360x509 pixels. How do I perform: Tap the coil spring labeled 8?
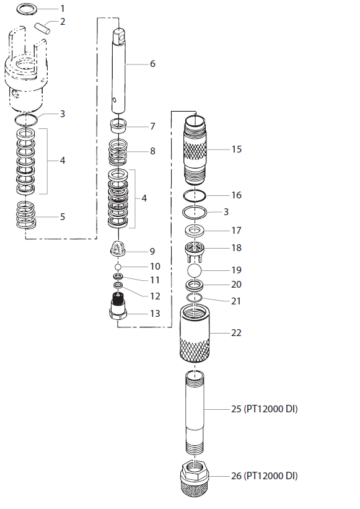point(121,151)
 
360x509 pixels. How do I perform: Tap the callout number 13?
point(156,314)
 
